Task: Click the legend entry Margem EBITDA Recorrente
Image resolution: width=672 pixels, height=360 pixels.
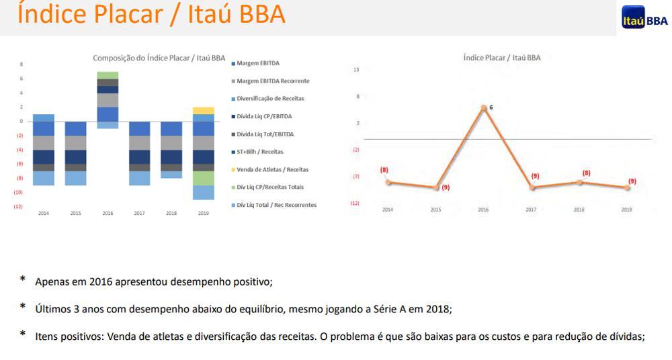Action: point(273,81)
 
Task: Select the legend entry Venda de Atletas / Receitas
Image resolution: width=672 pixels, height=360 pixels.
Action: point(272,169)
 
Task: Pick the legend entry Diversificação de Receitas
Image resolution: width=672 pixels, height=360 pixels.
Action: point(270,98)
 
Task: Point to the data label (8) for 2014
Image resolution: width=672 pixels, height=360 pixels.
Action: point(384,169)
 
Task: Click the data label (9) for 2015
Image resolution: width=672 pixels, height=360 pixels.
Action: point(446,187)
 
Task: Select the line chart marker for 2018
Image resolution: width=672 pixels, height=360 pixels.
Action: point(580,181)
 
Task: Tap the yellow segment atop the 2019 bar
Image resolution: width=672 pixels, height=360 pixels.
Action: point(203,110)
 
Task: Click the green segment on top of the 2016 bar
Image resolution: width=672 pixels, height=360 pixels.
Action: point(108,75)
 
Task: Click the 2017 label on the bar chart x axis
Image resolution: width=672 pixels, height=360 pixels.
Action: point(139,213)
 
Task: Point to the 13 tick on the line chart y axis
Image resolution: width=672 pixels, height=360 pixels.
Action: point(356,69)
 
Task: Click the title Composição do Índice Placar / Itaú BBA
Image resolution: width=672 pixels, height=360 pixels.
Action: point(159,58)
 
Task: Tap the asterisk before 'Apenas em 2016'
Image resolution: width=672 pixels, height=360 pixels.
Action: point(23,279)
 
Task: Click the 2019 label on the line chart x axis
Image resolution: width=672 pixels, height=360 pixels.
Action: point(626,210)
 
